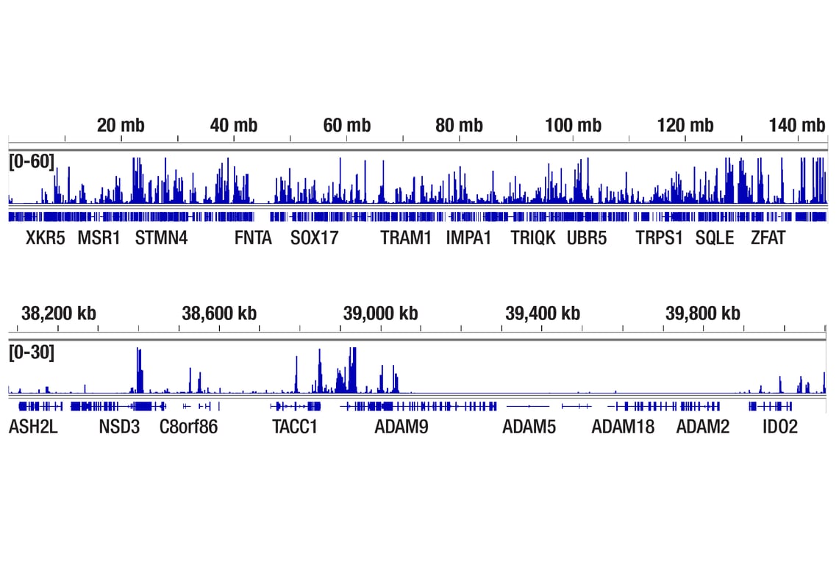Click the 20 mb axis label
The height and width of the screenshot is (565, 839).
coord(121,126)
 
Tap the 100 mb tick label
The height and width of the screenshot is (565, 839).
coord(573,126)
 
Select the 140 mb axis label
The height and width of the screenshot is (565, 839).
coord(797,126)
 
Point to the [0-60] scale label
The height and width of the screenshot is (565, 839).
coord(32,161)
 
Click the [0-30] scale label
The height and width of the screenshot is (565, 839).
coord(32,352)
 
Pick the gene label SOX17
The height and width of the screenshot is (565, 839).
coord(315,238)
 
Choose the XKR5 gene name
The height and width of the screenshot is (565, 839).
coord(46,238)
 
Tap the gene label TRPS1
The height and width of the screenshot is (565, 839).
coord(660,238)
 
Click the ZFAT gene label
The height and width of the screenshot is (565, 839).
coord(768,238)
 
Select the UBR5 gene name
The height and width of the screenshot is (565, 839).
coord(587,238)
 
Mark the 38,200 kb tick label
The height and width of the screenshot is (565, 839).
coord(59,314)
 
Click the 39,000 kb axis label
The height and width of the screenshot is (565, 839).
coord(380,314)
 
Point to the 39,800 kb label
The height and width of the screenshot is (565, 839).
coord(703,314)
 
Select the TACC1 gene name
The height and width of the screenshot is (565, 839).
coord(295,427)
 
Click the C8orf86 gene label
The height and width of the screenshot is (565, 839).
coord(189,427)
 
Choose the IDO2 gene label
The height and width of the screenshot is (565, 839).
coord(780,427)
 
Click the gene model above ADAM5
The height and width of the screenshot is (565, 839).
coord(527,406)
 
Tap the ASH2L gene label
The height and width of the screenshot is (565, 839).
coord(33,427)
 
